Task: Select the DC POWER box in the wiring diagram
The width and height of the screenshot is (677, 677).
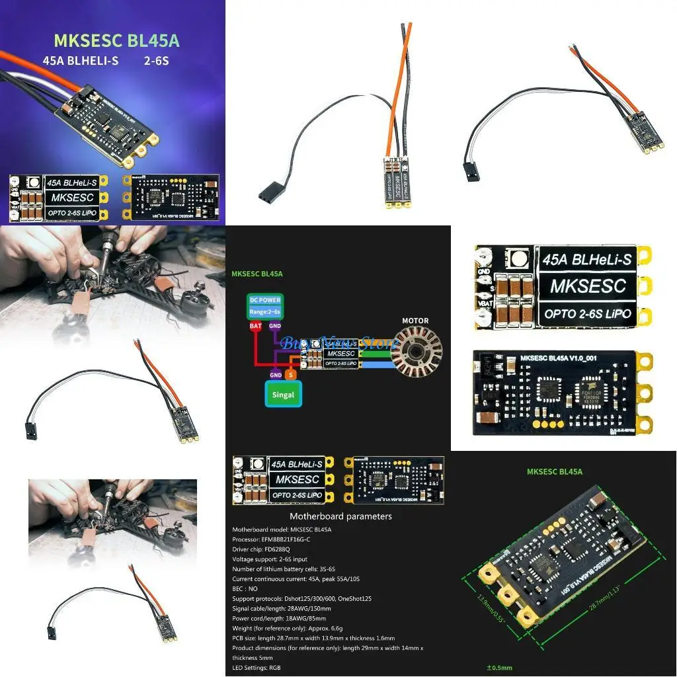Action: [264, 304]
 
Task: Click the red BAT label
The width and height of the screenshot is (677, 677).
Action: [255, 325]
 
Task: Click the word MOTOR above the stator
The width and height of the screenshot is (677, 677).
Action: [415, 321]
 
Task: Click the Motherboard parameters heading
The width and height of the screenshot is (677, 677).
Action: [340, 516]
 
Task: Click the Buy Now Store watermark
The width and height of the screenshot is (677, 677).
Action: [337, 342]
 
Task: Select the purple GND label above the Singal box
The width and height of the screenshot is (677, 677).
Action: [276, 374]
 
